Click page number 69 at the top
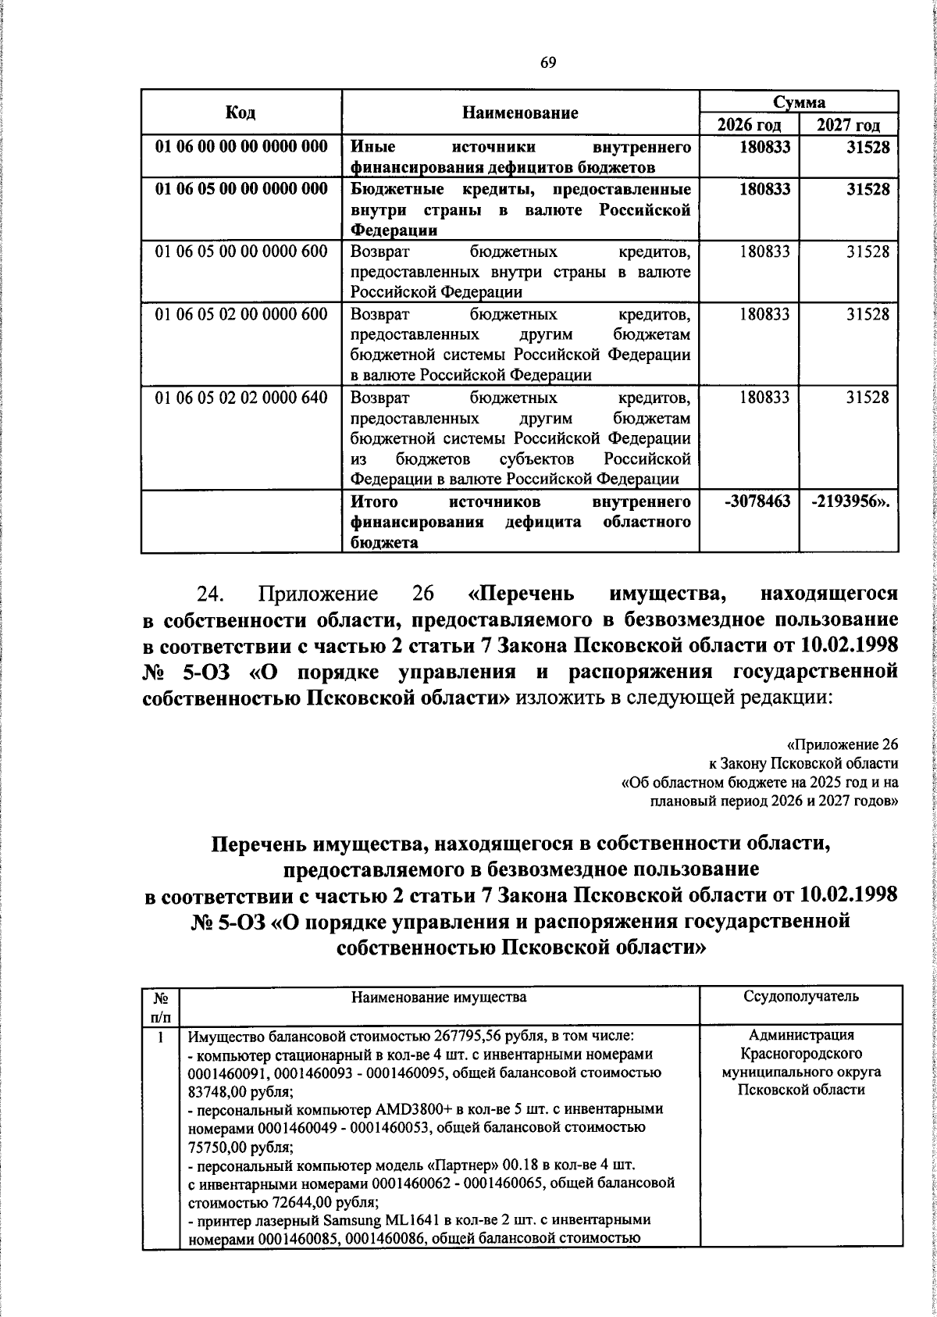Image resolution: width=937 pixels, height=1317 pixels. point(547,63)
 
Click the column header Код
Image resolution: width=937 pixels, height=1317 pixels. point(240,112)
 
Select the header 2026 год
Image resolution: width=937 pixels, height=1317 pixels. point(749,125)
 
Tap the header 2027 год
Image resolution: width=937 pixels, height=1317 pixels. point(849,125)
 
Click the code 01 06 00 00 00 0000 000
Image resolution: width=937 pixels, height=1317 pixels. point(241,147)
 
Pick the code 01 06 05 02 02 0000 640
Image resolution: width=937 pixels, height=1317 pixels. point(241,397)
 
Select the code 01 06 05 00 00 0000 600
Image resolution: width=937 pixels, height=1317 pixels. point(241,251)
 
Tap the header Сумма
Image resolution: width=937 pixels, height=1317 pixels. point(799,102)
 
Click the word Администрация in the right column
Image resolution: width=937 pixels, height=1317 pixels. point(800,1036)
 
